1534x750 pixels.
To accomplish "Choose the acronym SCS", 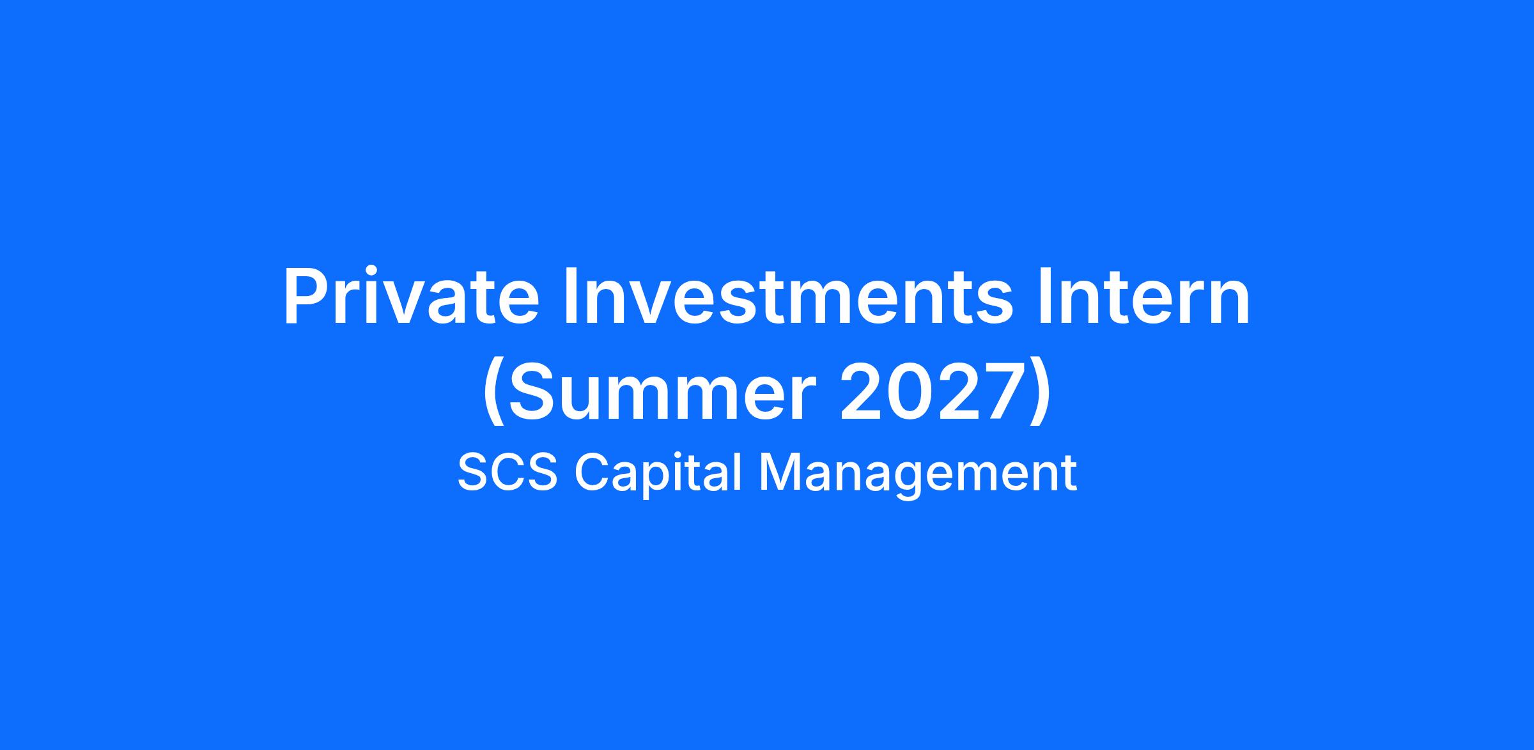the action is click(507, 473).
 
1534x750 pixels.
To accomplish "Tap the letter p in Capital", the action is click(654, 481).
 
